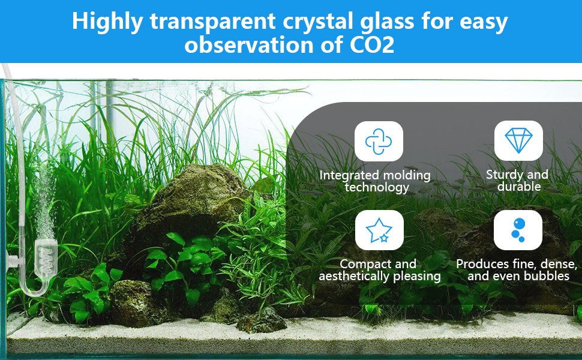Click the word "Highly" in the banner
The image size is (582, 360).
(107, 21)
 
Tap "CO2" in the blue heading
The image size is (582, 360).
(371, 45)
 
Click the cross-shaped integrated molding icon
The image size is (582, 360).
(379, 142)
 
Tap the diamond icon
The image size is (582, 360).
(518, 140)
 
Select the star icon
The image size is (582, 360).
(379, 230)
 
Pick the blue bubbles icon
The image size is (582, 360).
(518, 230)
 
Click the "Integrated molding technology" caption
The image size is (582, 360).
(375, 181)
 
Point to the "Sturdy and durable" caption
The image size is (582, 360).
(517, 181)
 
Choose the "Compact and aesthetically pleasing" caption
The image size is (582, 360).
(379, 270)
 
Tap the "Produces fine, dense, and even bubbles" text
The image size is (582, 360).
(517, 270)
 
